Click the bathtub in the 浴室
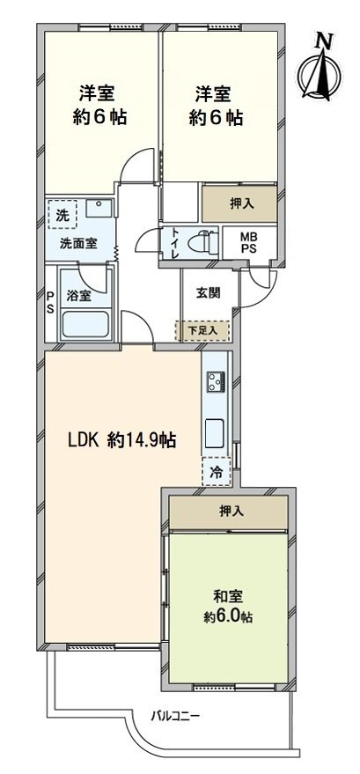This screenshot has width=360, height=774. pyautogui.click(x=84, y=325)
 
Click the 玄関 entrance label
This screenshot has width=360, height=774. pyautogui.click(x=209, y=293)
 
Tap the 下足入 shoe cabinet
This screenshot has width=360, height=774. pyautogui.click(x=207, y=331)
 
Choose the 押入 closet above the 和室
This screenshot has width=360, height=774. pyautogui.click(x=228, y=511)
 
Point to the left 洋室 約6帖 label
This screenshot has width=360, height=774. pyautogui.click(x=97, y=104)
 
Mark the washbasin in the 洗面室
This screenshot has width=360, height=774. pyautogui.click(x=99, y=210)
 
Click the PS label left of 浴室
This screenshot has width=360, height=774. pyautogui.click(x=50, y=301)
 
